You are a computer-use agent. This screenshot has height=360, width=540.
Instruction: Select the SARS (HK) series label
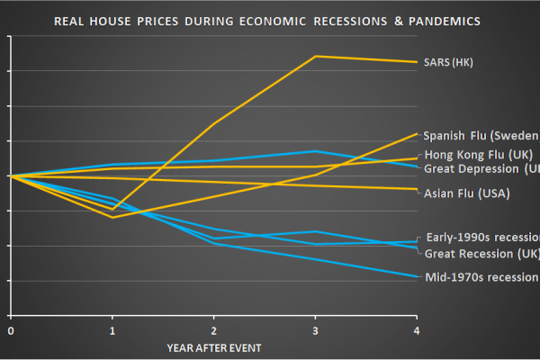coord(448,63)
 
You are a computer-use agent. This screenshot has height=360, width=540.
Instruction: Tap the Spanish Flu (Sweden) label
coord(481,135)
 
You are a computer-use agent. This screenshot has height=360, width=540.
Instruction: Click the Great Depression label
coord(481,168)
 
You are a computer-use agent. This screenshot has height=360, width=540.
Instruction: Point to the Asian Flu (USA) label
coord(466,193)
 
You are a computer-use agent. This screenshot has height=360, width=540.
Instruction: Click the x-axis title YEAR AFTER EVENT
coord(212,346)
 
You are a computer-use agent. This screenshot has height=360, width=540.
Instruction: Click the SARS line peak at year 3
coord(315,56)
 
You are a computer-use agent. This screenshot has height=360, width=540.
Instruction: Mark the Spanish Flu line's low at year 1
coord(112,217)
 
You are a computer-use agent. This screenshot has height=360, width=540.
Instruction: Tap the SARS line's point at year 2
coord(213,123)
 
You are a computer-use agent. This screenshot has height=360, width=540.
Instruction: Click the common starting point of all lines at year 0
coord(11,175)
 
